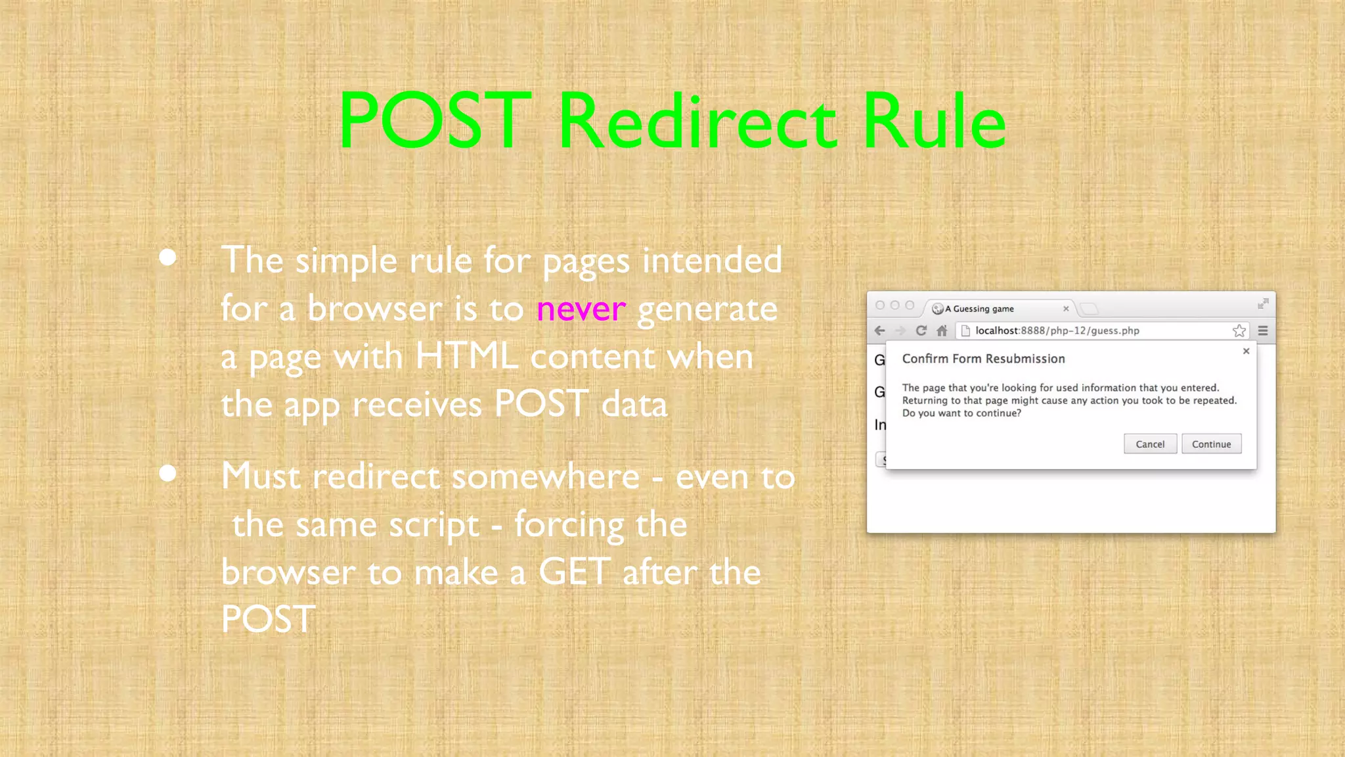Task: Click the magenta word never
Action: [581, 309]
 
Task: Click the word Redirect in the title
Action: [697, 122]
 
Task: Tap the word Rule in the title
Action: [934, 122]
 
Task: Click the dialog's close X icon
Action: [1246, 352]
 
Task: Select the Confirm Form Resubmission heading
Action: [983, 359]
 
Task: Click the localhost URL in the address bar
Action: [1057, 331]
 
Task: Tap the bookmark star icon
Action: [1239, 331]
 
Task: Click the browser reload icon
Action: [921, 331]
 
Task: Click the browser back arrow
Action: [880, 331]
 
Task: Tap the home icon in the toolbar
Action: [942, 331]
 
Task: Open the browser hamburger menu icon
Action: [1263, 331]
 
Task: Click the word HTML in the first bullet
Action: [466, 357]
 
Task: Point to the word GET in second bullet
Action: [574, 572]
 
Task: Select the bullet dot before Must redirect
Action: [168, 473]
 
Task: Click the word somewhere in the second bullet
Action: [475, 476]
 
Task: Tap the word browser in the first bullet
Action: [375, 309]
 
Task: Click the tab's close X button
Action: [1066, 309]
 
